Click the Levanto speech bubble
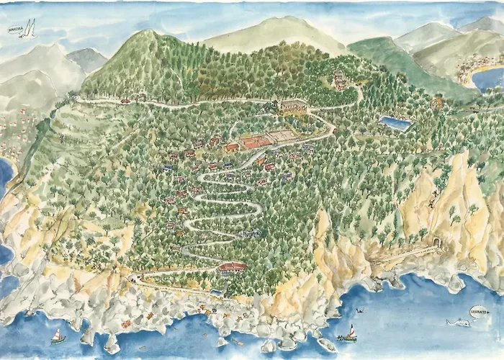(x=477, y=311)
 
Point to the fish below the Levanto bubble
(x=458, y=322)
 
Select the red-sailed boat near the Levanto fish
(x=351, y=333)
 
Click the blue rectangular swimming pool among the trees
(x=395, y=123)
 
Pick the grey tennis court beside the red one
(x=282, y=135)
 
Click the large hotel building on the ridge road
(x=292, y=106)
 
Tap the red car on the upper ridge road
(x=126, y=102)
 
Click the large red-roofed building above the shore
(x=232, y=267)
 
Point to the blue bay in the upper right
(x=488, y=78)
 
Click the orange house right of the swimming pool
(x=436, y=103)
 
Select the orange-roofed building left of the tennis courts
(x=231, y=148)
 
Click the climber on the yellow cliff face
(x=431, y=204)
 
